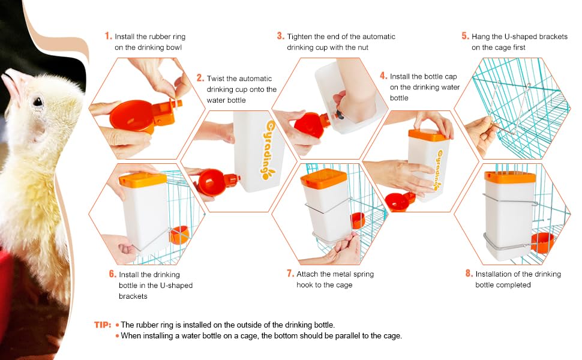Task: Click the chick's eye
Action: click(x=37, y=101)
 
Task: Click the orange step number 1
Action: click(x=108, y=36)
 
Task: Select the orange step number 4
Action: click(x=383, y=76)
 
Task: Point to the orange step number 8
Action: click(x=469, y=274)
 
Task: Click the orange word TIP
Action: click(x=102, y=325)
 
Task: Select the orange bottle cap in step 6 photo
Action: click(x=143, y=179)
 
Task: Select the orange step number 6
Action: click(x=112, y=274)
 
